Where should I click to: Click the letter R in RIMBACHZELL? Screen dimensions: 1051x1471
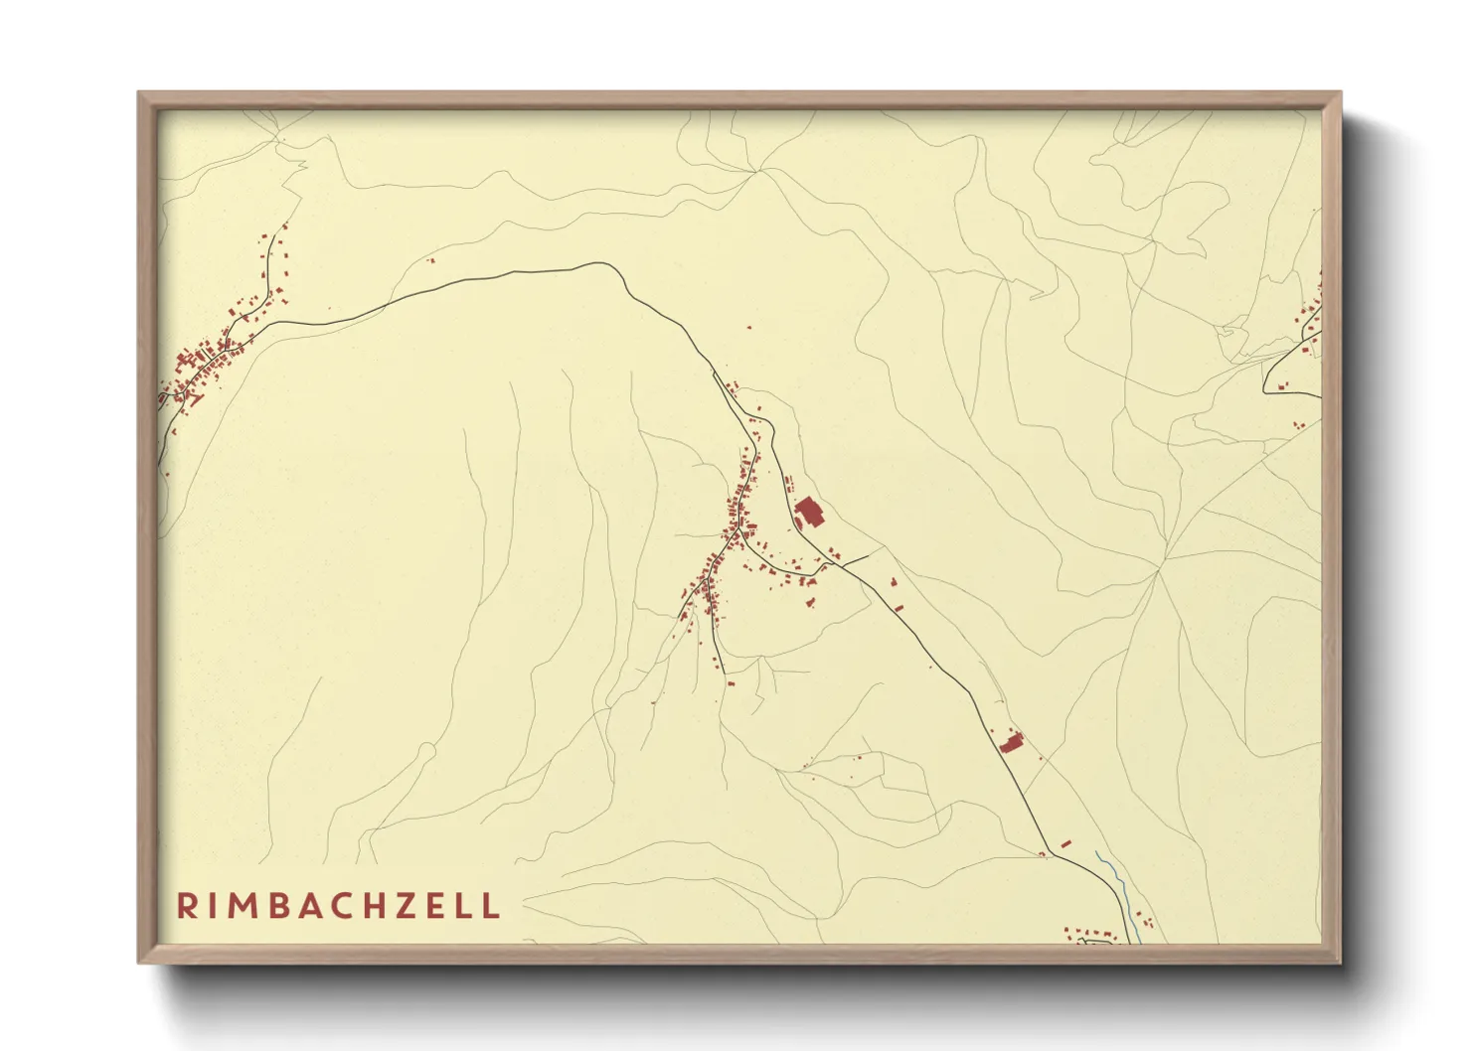(186, 906)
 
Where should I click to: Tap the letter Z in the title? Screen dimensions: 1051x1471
(412, 906)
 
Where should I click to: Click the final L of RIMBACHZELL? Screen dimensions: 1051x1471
(491, 906)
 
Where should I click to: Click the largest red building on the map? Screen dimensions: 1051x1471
(809, 514)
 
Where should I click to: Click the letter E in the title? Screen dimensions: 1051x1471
(441, 906)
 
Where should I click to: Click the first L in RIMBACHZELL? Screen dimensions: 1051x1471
(467, 906)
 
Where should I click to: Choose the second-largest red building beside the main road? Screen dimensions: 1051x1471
(1012, 742)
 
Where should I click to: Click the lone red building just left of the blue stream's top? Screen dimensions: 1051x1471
(1066, 843)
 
